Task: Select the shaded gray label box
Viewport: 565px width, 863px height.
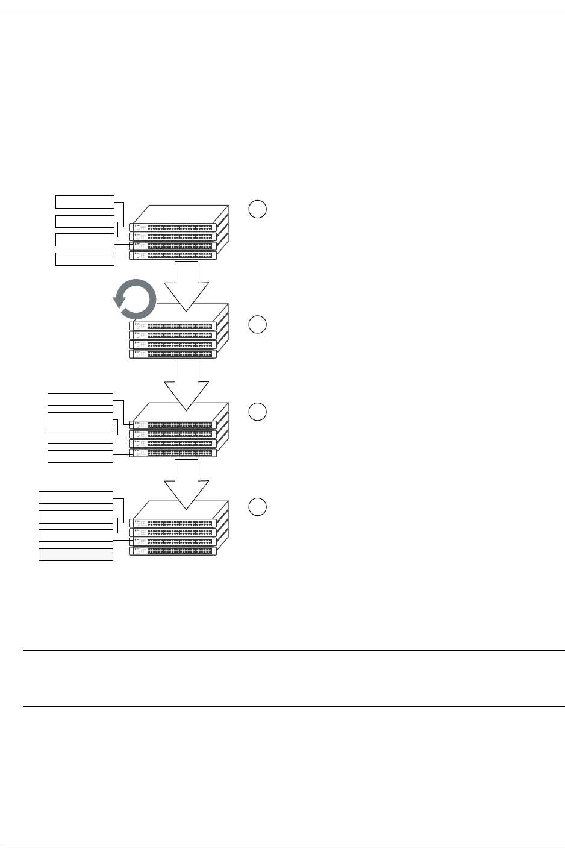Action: coord(76,554)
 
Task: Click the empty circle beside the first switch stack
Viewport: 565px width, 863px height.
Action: coord(257,209)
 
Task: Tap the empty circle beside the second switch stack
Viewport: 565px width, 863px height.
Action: coord(257,324)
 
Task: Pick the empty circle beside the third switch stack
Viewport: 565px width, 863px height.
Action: coord(257,412)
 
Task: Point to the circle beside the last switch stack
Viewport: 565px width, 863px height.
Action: coord(257,507)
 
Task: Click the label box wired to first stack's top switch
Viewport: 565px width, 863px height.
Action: coord(85,201)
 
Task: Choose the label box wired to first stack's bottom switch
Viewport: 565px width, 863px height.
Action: coord(85,259)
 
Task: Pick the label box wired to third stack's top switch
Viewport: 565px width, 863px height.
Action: coord(80,399)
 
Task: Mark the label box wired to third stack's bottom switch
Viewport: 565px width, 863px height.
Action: coord(80,456)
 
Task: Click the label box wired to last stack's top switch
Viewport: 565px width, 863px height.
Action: coord(76,497)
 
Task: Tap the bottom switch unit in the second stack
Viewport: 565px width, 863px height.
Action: coord(173,354)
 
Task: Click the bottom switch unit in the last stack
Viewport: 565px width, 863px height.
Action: coord(173,551)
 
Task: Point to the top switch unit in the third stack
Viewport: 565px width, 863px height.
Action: coord(173,425)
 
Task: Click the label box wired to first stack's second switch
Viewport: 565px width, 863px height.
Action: coord(85,221)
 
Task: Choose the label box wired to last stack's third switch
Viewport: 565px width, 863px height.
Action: coord(76,535)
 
